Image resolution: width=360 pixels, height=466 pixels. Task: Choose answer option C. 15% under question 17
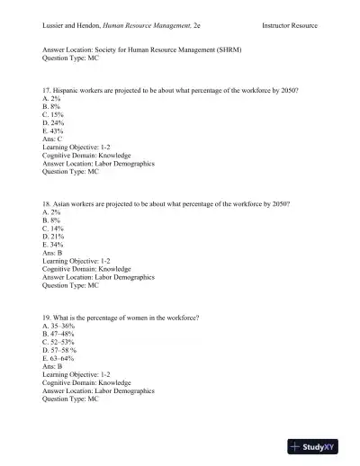click(x=53, y=116)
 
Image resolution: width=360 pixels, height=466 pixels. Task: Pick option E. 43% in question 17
click(x=53, y=130)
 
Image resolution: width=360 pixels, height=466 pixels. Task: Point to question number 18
click(x=47, y=204)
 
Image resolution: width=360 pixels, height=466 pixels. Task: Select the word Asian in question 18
click(x=63, y=204)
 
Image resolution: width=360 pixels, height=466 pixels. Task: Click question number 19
click(x=47, y=319)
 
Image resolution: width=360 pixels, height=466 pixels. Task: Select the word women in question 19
click(x=140, y=319)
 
